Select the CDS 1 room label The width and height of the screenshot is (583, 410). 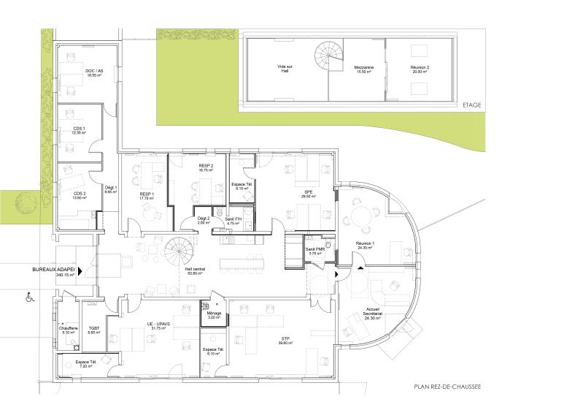(79, 131)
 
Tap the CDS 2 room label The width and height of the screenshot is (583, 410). (79, 194)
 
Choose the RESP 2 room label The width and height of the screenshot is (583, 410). (206, 167)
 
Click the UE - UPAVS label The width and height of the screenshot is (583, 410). (157, 326)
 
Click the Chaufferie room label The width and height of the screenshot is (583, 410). (69, 330)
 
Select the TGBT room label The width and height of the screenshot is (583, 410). (94, 330)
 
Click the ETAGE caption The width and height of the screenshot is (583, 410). (472, 105)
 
